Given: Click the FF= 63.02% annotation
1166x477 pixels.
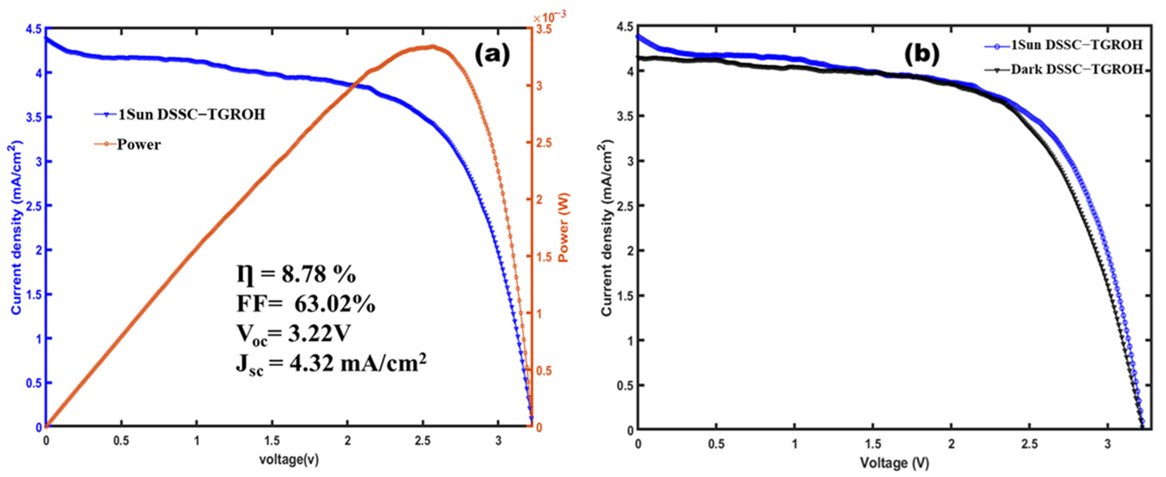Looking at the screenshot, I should coord(306,304).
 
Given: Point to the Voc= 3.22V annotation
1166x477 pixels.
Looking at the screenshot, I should coord(293,335).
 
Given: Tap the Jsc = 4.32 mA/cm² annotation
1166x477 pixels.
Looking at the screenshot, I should coord(331,364).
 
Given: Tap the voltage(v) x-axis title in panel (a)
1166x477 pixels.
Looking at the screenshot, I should coord(289,460).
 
